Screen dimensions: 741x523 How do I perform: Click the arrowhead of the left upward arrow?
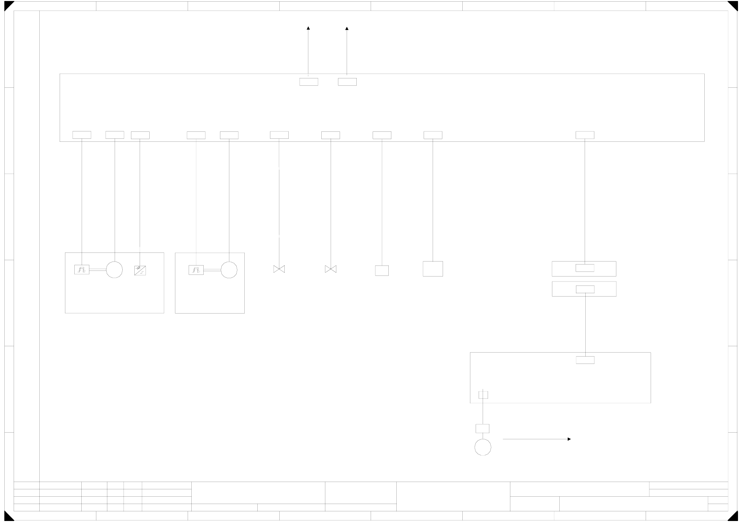308,29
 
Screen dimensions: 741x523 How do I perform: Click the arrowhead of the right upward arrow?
347,29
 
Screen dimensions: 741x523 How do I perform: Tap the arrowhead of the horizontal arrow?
569,439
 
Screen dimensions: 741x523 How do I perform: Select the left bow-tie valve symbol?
279,269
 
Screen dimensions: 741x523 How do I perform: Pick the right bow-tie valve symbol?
331,269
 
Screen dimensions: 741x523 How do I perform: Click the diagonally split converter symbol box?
140,271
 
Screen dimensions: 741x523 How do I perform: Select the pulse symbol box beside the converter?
82,270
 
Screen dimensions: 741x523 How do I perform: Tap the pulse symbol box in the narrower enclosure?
196,270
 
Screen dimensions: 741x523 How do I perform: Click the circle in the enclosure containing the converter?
114,270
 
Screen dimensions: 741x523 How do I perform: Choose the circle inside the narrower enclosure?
229,270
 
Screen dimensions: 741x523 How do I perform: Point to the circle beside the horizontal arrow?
483,447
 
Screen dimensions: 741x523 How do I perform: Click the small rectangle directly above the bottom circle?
482,429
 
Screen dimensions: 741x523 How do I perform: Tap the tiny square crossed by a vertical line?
483,395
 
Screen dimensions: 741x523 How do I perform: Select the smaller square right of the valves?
382,271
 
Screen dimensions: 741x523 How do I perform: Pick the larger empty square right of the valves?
433,269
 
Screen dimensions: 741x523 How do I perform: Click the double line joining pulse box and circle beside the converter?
98,270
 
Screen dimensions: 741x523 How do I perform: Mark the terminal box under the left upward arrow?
309,82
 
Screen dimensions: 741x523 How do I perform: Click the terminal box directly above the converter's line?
140,135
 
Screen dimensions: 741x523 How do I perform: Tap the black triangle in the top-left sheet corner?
8,5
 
